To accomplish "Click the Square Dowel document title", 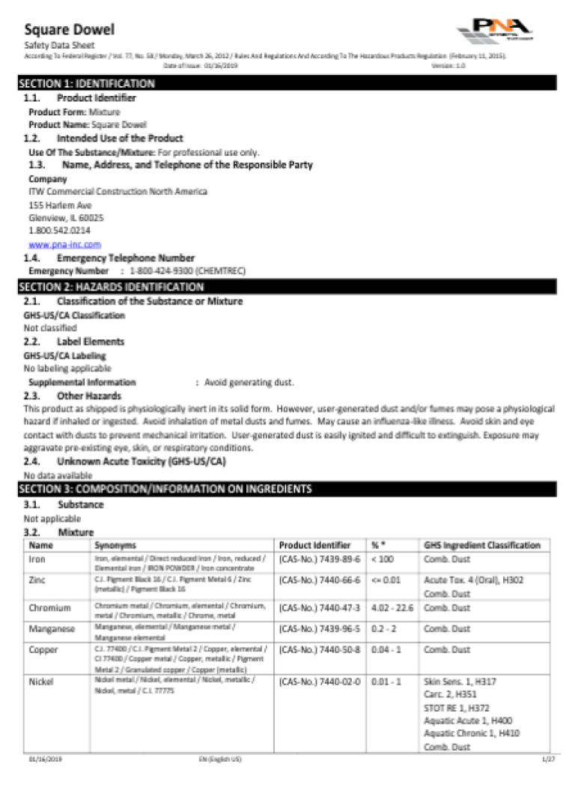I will point(70,30).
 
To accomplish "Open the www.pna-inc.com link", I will point(64,244).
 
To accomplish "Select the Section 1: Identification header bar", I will point(287,83).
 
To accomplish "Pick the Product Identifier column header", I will point(314,545).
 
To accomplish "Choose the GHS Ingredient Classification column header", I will point(481,545).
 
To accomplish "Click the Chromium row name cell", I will point(49,608).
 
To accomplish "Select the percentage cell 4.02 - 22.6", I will point(392,607).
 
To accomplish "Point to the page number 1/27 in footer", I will point(547,760).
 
